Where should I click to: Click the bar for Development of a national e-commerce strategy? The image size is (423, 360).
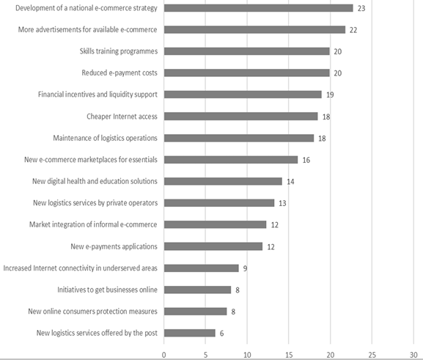pyautogui.click(x=259, y=8)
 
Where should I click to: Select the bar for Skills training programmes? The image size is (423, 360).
pyautogui.click(x=247, y=51)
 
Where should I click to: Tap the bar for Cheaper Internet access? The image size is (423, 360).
pyautogui.click(x=241, y=117)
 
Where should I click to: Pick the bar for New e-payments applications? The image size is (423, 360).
pyautogui.click(x=213, y=246)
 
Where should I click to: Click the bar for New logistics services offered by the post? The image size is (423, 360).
pyautogui.click(x=190, y=333)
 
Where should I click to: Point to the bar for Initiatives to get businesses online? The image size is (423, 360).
pyautogui.click(x=197, y=290)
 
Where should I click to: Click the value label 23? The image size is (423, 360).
pyautogui.click(x=361, y=8)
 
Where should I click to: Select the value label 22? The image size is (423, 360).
pyautogui.click(x=353, y=30)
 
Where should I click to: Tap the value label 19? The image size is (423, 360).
pyautogui.click(x=330, y=95)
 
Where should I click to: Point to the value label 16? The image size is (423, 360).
pyautogui.click(x=306, y=160)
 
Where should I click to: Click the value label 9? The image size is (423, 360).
pyautogui.click(x=245, y=268)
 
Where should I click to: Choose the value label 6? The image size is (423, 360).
pyautogui.click(x=221, y=334)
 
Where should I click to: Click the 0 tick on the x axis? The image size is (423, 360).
pyautogui.click(x=163, y=355)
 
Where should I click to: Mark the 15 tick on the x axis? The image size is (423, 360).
pyautogui.click(x=289, y=355)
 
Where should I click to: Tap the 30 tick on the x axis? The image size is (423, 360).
pyautogui.click(x=413, y=355)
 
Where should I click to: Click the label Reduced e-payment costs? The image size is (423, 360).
pyautogui.click(x=119, y=73)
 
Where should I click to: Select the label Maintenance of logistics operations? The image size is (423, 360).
pyautogui.click(x=106, y=138)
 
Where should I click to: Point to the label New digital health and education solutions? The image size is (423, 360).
pyautogui.click(x=95, y=181)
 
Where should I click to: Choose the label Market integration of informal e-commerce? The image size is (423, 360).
pyautogui.click(x=93, y=224)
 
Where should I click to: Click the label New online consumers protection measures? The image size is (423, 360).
pyautogui.click(x=93, y=312)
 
